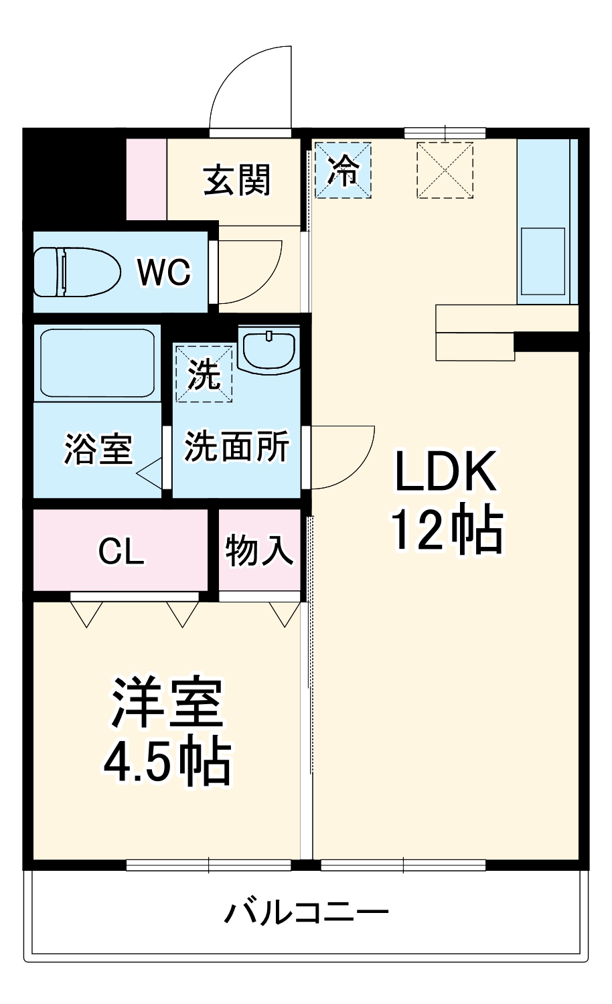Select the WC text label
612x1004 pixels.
(x=164, y=272)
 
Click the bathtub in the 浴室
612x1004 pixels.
(x=97, y=363)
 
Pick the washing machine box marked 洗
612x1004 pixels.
(x=204, y=373)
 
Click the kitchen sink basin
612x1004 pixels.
(x=543, y=260)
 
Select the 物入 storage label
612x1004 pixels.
(x=259, y=551)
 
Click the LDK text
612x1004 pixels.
(x=445, y=471)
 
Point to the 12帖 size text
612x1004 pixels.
(x=447, y=530)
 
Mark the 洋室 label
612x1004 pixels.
(x=167, y=704)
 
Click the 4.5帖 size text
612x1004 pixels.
(x=167, y=762)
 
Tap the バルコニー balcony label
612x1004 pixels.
(x=306, y=912)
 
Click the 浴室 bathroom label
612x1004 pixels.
(x=98, y=448)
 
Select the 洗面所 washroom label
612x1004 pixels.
(x=236, y=446)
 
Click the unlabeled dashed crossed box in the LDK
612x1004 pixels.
(x=445, y=170)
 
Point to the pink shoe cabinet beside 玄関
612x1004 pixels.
(x=147, y=179)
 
